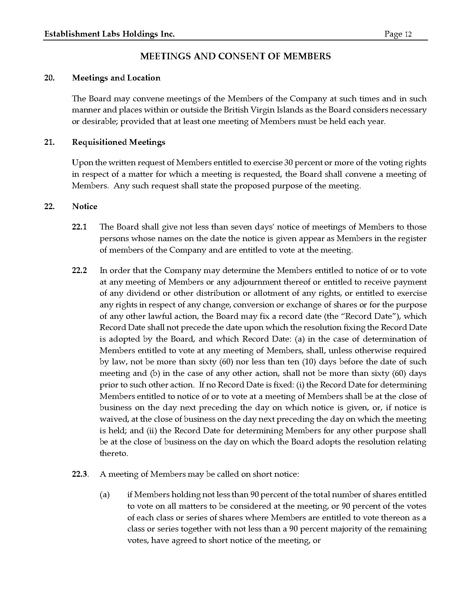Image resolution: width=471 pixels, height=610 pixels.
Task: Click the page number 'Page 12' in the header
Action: tap(398, 34)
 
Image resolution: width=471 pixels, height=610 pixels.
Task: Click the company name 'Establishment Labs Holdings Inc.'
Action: tap(110, 34)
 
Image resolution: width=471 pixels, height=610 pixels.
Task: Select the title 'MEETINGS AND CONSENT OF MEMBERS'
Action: tap(235, 56)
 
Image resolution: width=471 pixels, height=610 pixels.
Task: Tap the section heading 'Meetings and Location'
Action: tap(116, 78)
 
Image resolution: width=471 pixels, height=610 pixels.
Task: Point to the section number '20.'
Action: tap(49, 78)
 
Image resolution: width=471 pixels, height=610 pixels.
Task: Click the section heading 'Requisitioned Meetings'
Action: tap(119, 142)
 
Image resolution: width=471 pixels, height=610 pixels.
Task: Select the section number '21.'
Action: tap(49, 142)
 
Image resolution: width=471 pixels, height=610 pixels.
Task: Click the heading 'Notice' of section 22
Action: tap(85, 206)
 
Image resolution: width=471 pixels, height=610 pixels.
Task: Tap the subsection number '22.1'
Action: tap(79, 227)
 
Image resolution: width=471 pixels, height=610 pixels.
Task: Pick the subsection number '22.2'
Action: tap(79, 271)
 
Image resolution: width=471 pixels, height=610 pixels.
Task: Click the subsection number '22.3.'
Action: tap(80, 474)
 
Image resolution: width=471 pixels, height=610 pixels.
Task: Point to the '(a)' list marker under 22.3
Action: tap(105, 495)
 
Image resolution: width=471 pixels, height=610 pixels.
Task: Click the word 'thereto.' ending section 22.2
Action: tap(114, 454)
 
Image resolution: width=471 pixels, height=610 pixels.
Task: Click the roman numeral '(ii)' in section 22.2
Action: tap(151, 431)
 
